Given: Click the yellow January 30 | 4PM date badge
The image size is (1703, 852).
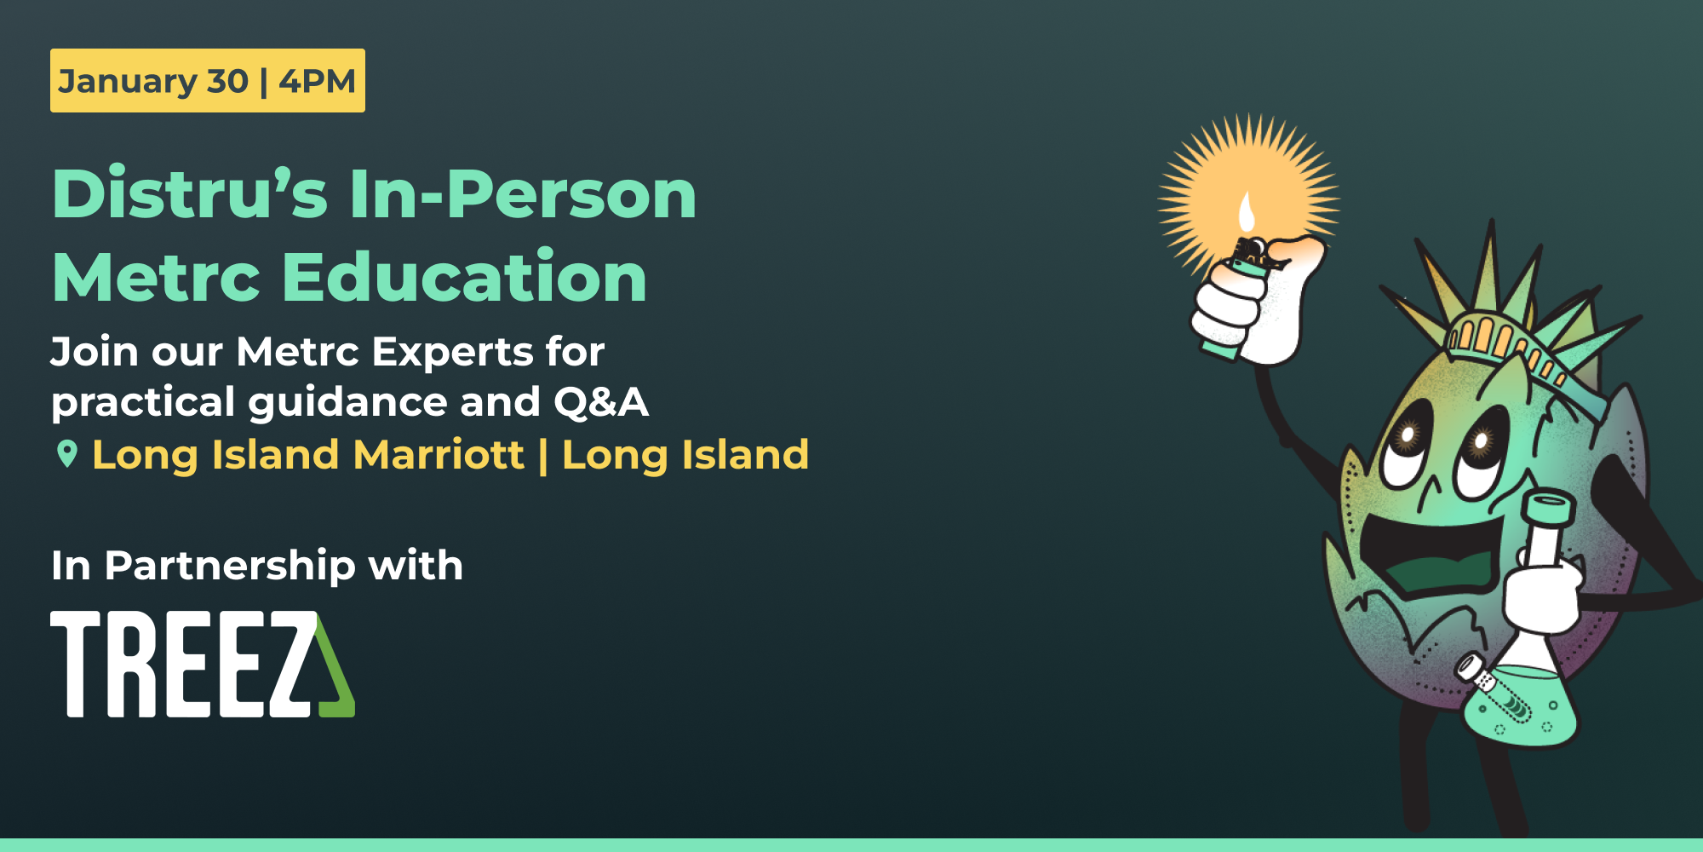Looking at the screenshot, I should [x=207, y=81].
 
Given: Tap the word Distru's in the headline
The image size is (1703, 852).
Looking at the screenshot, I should [x=190, y=194].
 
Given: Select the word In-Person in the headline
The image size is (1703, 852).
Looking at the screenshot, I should [x=523, y=194].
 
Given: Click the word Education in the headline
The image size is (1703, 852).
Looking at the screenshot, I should [x=464, y=277].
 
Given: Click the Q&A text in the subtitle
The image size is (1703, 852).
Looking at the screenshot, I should [x=601, y=402].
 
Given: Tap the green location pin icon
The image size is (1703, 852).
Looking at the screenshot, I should [x=66, y=453].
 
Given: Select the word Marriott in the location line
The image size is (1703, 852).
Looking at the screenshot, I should [x=439, y=454].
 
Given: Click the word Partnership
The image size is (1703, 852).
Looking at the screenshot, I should [x=230, y=566].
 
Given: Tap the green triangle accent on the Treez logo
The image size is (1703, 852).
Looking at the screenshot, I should [x=336, y=673].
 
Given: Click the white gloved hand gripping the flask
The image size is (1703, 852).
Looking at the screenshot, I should [x=1541, y=596].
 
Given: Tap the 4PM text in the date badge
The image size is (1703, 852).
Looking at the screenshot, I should [x=317, y=81].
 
